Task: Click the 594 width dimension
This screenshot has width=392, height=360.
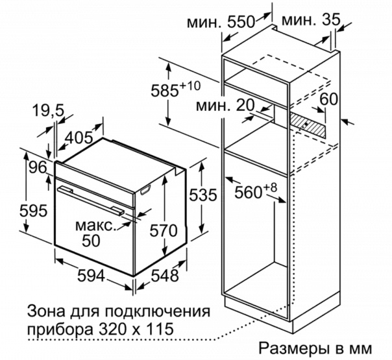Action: [91, 276]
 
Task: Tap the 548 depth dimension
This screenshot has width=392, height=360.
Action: [165, 276]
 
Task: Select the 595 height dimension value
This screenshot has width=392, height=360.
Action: [33, 210]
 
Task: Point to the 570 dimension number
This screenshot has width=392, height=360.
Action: [164, 230]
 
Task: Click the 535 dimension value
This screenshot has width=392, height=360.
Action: [202, 195]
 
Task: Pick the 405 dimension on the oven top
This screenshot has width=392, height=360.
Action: [79, 137]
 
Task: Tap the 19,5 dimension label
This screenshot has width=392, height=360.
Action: [48, 110]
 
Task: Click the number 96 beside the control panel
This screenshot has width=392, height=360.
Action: [38, 167]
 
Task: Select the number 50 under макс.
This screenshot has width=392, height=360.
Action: [92, 241]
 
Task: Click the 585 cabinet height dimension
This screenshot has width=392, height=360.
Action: [165, 90]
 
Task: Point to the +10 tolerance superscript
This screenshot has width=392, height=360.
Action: [190, 86]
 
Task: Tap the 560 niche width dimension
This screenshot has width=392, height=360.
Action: [249, 192]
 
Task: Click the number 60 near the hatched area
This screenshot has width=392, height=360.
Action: [329, 99]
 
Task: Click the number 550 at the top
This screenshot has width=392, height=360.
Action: [241, 22]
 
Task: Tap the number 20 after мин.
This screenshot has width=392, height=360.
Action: [245, 105]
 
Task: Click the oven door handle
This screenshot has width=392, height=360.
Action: [90, 199]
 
